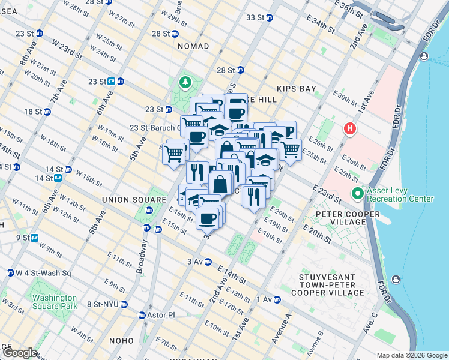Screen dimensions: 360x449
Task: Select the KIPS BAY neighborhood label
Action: point(296,89)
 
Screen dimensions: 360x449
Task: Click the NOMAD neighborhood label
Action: point(193,46)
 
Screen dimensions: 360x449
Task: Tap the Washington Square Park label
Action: point(55,302)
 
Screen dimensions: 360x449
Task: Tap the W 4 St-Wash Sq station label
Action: point(40,273)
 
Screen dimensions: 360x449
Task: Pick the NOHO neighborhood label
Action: point(121,341)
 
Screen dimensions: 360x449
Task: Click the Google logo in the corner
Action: point(19,353)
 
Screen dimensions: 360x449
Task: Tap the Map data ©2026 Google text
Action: point(412,355)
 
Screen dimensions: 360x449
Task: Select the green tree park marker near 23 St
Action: point(186,82)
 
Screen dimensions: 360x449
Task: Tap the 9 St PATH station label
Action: point(25,238)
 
